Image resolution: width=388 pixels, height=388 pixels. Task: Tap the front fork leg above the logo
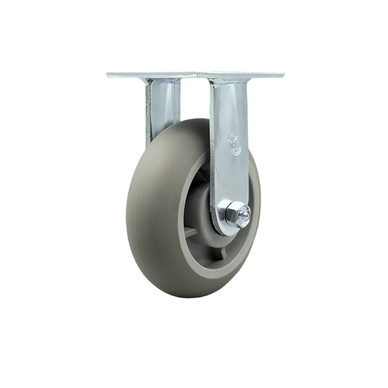(x=229, y=105)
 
